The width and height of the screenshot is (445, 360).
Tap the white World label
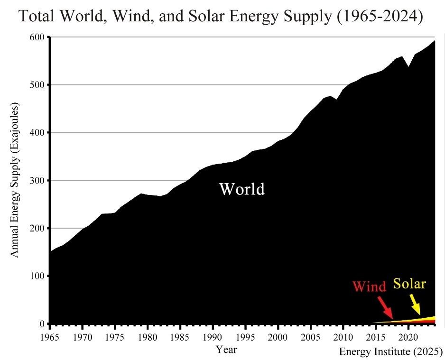[x=241, y=189]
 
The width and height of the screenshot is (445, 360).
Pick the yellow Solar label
[x=409, y=284]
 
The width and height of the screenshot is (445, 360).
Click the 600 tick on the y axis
[x=38, y=37]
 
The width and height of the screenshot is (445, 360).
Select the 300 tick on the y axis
[x=38, y=181]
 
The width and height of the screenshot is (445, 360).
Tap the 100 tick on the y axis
[x=38, y=276]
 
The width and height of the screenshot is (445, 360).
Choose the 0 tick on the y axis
[x=42, y=324]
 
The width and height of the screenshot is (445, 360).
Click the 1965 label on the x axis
[x=50, y=338]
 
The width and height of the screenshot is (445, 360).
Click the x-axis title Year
[x=226, y=350]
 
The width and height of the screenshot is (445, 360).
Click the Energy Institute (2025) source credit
[x=390, y=352]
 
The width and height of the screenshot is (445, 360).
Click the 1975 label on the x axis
[x=115, y=338]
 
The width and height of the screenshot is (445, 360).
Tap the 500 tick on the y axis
[x=38, y=85]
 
